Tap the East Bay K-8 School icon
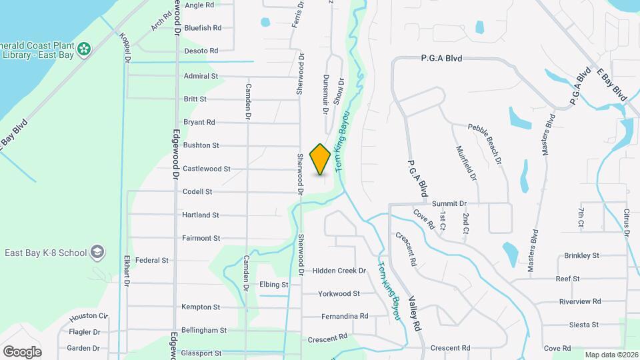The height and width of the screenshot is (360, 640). tap(98, 252)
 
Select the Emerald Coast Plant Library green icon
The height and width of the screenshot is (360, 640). tap(84, 48)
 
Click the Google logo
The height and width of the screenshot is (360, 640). tap(22, 352)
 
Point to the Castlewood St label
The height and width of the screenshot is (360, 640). tap(206, 169)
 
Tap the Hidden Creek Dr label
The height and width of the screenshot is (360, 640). tap(339, 271)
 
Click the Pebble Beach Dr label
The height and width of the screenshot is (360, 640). tap(485, 144)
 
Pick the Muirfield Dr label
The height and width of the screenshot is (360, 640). tap(466, 164)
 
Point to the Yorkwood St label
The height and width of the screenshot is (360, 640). tap(339, 293)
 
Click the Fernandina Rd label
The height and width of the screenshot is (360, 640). tap(344, 316)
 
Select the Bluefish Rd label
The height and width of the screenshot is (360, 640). tap(202, 28)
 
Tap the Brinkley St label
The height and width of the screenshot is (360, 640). tap(581, 255)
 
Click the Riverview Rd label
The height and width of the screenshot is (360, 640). tap(580, 301)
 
